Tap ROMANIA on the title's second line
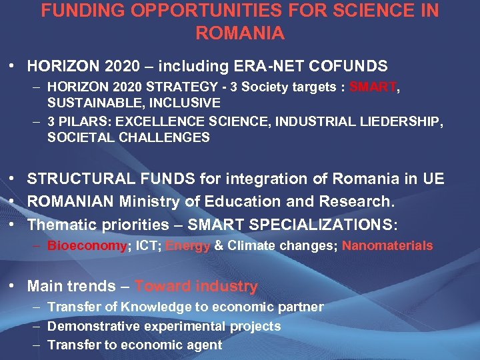coord(240,33)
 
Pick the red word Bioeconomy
coord(87,246)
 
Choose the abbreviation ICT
coord(146,246)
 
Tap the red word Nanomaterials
coord(387,246)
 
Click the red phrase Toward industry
coord(196,287)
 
